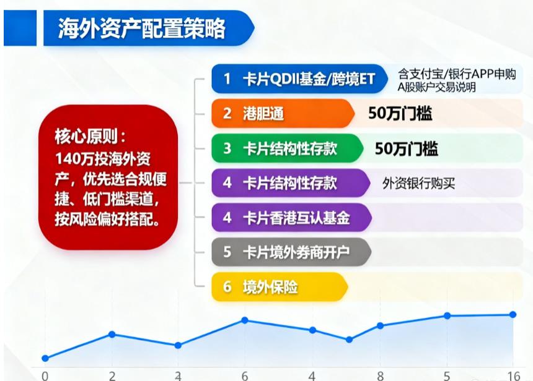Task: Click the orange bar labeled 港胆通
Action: click(279, 113)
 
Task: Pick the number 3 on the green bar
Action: click(227, 148)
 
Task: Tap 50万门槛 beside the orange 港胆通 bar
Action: click(400, 113)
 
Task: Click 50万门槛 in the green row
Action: click(406, 148)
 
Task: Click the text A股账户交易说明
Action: click(436, 87)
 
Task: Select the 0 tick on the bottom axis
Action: click(45, 375)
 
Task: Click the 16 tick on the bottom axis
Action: click(513, 375)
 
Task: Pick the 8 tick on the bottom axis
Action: click(380, 375)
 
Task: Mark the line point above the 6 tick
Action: click(245, 320)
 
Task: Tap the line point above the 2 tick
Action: click(112, 334)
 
